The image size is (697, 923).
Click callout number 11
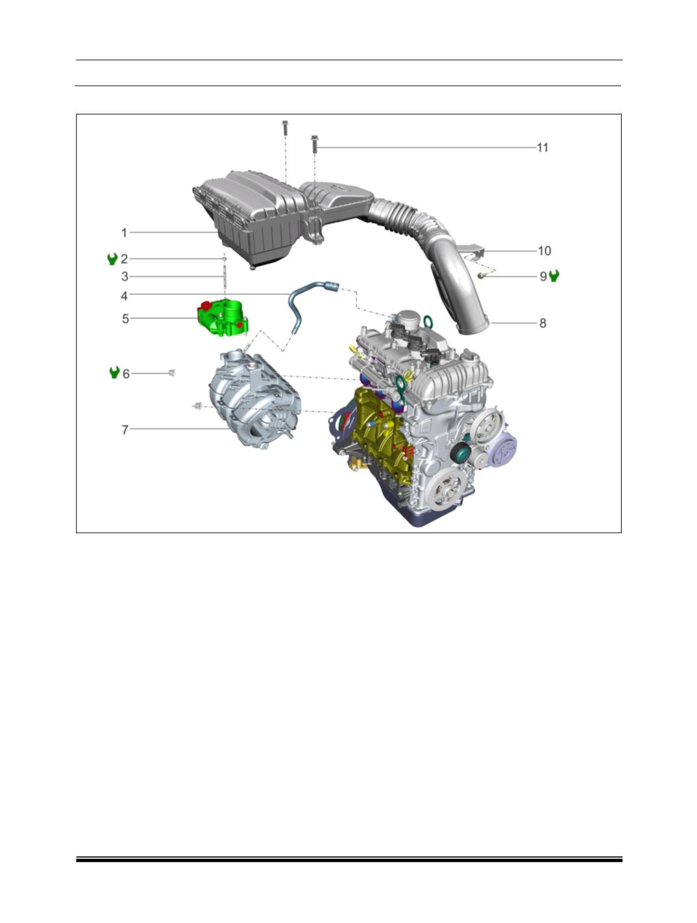tap(543, 147)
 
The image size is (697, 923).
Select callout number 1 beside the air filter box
tap(124, 233)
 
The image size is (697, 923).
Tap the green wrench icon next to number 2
tap(112, 259)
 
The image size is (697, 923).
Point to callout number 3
tap(125, 277)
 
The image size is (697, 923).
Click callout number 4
tap(125, 296)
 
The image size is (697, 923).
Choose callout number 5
tap(125, 319)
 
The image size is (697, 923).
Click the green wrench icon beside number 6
tap(114, 373)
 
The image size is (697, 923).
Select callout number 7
tap(125, 430)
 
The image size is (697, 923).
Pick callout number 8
tap(543, 323)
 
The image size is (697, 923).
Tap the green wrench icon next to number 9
tap(554, 276)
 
